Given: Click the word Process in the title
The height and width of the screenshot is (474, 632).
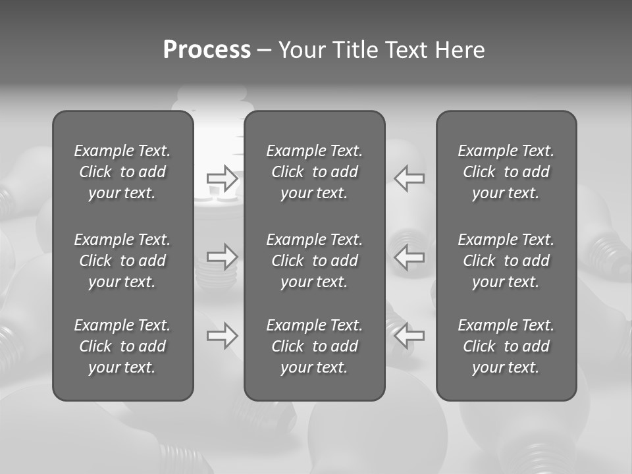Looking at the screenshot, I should (207, 50).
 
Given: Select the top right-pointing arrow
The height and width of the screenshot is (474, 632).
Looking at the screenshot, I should (223, 178).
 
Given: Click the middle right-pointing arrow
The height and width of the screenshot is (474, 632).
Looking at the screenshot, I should (223, 256).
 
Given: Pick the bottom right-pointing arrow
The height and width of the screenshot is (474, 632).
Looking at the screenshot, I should (223, 336).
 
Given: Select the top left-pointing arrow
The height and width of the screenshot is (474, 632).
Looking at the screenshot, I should (409, 178).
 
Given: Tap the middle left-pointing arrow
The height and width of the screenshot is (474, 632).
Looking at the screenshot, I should (409, 256).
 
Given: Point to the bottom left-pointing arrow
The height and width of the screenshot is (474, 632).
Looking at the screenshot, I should (409, 336).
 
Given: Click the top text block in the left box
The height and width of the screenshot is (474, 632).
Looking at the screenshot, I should (122, 172).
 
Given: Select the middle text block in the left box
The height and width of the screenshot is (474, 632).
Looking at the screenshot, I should (122, 261).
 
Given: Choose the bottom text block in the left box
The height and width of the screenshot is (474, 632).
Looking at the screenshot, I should (122, 346).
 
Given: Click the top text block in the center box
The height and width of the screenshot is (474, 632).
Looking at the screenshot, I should (315, 172).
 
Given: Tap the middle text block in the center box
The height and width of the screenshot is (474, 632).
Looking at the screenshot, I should (315, 261).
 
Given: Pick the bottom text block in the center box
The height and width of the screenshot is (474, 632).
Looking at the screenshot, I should (315, 346).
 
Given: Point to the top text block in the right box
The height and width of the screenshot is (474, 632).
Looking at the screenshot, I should (506, 172).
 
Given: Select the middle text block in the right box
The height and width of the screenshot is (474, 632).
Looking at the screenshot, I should (506, 261).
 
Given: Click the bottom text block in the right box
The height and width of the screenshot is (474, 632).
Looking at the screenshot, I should (506, 346).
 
